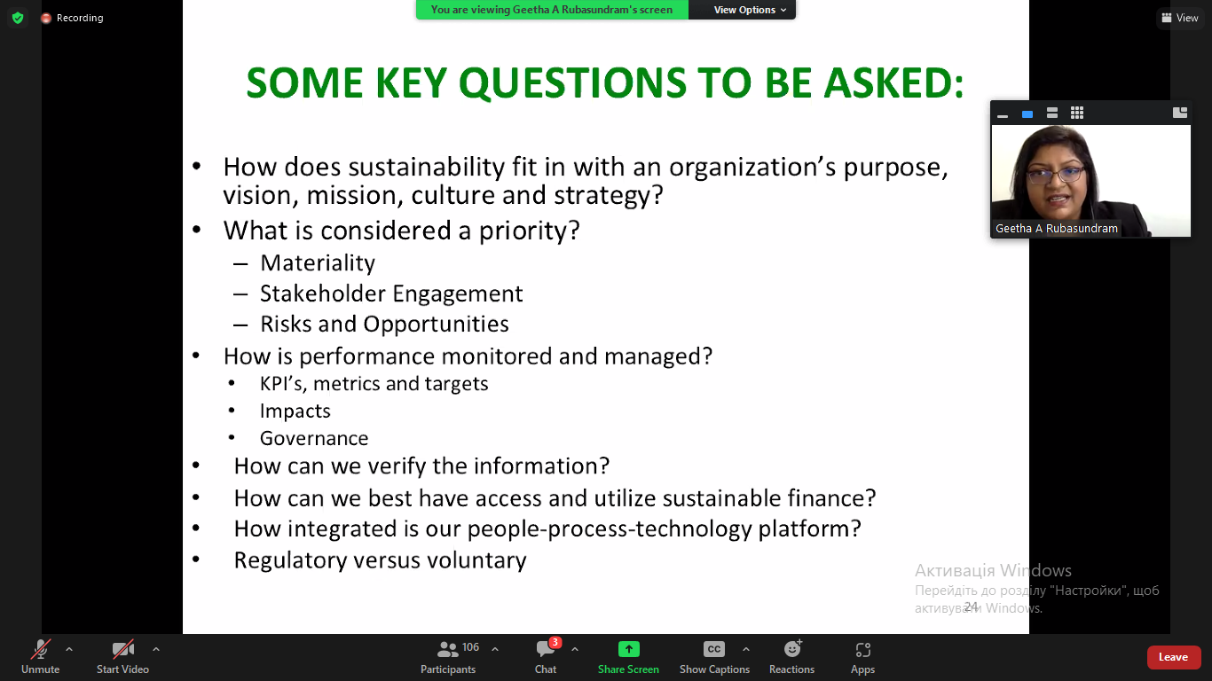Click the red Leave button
coord(1172,657)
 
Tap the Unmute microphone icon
coord(40,649)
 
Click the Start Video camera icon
coord(122,649)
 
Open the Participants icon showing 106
coord(447,648)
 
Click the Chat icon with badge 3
coord(546,649)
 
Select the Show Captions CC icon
coord(713,649)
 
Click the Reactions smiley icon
coord(792,648)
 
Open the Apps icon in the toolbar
coord(862,649)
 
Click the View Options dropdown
coord(750,10)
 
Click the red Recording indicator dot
coord(46,18)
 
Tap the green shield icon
coord(18,18)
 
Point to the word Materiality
coord(318,262)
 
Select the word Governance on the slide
coord(314,438)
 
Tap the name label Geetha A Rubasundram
coord(1056,228)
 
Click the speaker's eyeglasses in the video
coord(1055,175)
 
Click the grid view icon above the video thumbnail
coord(1077,113)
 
